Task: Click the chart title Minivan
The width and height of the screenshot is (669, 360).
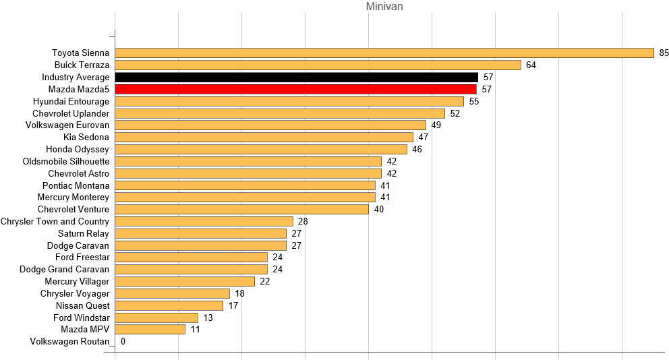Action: pos(384,7)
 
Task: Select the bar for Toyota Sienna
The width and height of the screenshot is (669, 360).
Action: pos(384,53)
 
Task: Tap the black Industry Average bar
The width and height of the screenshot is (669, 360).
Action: pos(297,77)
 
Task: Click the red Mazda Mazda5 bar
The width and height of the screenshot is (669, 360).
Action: pos(296,89)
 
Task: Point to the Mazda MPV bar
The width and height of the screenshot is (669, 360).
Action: pos(150,330)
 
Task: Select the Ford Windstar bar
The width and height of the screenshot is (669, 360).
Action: pos(156,318)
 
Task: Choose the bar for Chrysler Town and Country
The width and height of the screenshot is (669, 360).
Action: pos(204,221)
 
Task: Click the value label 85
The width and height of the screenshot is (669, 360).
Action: pos(664,53)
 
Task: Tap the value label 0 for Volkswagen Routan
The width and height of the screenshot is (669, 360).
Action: pos(123,342)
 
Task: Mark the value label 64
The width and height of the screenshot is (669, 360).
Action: pos(531,65)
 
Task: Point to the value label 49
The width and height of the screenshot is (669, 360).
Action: pos(436,125)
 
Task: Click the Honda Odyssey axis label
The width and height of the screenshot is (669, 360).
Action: pos(78,149)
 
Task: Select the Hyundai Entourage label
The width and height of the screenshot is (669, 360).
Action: pos(71,101)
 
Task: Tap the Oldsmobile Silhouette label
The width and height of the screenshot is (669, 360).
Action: pos(66,161)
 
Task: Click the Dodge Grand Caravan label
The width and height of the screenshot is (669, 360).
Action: pos(64,269)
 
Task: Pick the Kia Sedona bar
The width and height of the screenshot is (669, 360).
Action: pos(264,137)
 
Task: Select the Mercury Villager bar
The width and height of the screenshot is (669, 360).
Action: pos(185,281)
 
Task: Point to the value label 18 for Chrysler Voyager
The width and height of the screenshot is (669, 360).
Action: pos(239,293)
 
